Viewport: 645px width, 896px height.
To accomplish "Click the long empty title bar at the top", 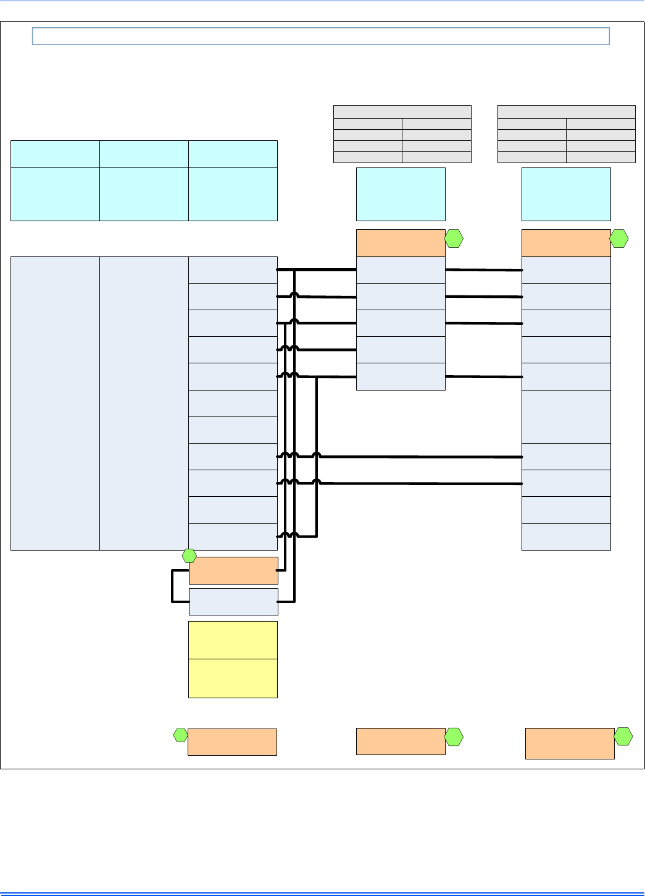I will click(321, 36).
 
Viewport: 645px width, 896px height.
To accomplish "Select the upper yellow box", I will click(233, 640).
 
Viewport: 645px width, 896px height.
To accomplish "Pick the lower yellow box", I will click(233, 678).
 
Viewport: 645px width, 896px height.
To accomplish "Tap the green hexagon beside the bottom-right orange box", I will click(623, 736).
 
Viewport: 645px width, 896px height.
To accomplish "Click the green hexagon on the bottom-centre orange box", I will click(454, 737).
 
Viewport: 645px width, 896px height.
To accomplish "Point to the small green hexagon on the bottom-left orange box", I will click(180, 735).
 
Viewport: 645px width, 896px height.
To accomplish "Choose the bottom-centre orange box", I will click(401, 742).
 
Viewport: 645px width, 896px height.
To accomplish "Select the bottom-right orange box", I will click(570, 743).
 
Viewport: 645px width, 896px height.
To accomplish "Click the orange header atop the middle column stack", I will click(401, 243).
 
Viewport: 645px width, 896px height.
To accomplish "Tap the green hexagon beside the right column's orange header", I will click(619, 239).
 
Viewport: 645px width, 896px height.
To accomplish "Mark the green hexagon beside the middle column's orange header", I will click(454, 239).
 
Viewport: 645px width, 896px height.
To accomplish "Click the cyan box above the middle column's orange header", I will click(401, 194).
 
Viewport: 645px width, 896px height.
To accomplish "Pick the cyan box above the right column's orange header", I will click(566, 194).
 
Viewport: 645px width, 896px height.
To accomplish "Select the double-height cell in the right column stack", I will click(566, 416).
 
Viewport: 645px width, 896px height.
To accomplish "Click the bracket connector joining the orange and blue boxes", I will click(173, 586).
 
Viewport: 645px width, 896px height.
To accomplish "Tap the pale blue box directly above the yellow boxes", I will click(233, 602).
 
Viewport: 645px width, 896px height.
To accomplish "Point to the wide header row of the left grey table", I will click(402, 112).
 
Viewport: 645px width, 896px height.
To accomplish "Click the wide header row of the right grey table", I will click(566, 112).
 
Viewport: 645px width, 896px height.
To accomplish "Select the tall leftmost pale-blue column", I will click(55, 403).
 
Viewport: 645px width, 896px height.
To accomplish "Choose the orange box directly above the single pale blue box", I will click(233, 570).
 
